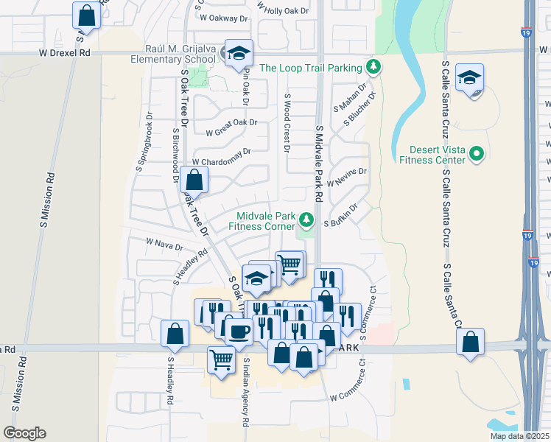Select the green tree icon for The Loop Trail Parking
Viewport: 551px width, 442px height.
[x=374, y=68]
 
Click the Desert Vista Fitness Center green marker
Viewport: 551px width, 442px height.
[x=477, y=154]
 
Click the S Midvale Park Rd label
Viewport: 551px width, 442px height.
[x=320, y=164]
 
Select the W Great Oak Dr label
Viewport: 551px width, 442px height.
[x=232, y=127]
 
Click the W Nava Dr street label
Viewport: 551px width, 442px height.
[x=164, y=243]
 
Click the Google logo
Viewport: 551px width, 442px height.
[x=24, y=433]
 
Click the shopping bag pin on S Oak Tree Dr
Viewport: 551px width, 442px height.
[x=194, y=179]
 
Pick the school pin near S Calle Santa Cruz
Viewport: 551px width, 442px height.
[x=469, y=78]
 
